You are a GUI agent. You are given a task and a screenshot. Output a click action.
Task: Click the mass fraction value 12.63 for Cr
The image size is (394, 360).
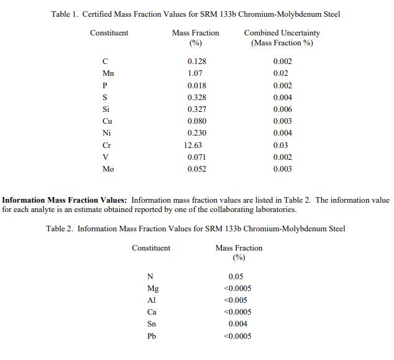coord(193,145)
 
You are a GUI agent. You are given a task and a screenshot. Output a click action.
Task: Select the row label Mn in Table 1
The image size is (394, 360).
coord(109,73)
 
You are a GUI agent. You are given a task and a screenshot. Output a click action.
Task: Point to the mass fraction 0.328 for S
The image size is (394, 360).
coord(196,98)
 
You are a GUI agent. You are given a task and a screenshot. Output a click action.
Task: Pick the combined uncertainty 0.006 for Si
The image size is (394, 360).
coord(282,109)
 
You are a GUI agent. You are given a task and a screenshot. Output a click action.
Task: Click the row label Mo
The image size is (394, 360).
coord(109,169)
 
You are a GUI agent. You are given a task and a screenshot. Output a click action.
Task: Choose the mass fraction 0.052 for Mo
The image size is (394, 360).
coord(196,169)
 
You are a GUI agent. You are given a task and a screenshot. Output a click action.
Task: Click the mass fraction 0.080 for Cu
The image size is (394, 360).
coord(196,121)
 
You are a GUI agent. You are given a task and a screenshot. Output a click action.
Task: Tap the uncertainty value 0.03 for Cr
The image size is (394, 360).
coord(280,145)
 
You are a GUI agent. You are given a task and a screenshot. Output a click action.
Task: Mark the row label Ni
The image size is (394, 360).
coord(107,133)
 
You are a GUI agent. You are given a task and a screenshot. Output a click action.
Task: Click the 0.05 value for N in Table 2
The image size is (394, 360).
coord(236,277)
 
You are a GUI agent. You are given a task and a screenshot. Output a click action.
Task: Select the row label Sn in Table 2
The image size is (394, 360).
coord(152,324)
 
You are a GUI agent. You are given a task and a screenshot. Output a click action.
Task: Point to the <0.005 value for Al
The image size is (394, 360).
coord(236,300)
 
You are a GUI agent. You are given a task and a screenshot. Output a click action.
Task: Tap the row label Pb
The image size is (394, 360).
coord(152,336)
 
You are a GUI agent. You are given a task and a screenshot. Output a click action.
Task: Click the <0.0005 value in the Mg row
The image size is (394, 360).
coord(237,288)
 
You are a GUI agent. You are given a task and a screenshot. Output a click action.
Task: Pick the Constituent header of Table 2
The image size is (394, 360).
coord(151,248)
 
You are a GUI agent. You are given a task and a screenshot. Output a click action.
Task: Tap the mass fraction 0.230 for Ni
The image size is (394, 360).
coord(196,133)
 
